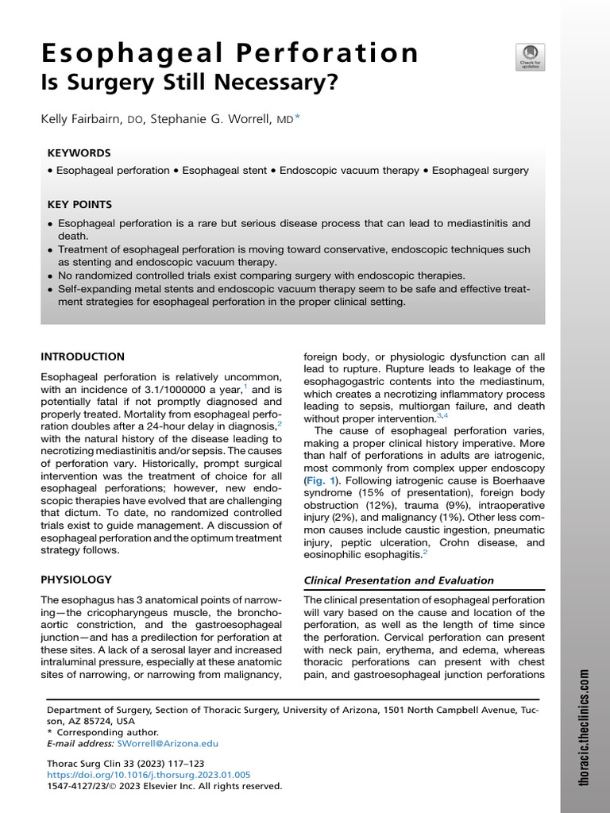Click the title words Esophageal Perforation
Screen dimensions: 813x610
coord(230,53)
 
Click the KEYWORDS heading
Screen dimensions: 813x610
coord(79,152)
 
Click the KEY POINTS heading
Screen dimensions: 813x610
coord(79,204)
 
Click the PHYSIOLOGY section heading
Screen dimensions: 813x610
coord(76,580)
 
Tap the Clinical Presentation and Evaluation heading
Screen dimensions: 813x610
coord(399,580)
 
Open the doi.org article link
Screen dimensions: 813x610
coord(149,775)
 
